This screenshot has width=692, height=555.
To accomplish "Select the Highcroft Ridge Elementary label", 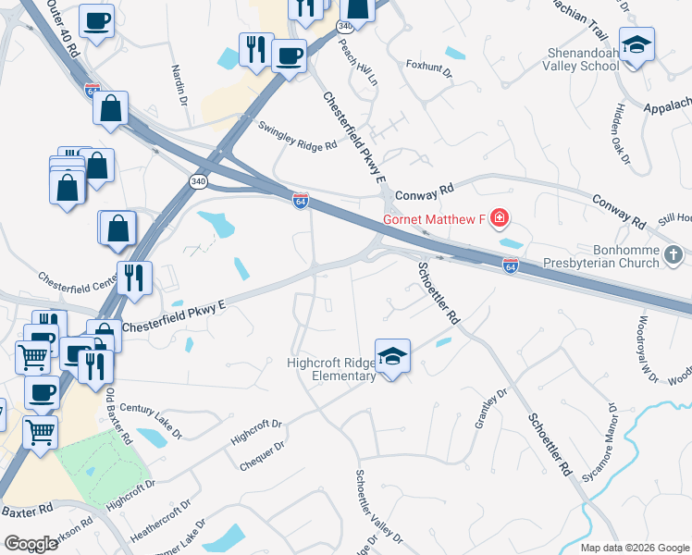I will click(330, 369).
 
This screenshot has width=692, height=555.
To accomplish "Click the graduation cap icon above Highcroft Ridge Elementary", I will click(392, 357).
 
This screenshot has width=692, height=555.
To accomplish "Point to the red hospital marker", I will click(500, 219).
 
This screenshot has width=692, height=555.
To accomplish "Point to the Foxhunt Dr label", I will click(428, 69).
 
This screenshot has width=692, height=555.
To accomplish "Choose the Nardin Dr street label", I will click(179, 82).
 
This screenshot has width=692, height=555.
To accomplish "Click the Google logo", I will click(31, 544).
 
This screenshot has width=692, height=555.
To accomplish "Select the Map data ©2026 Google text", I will click(634, 548).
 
